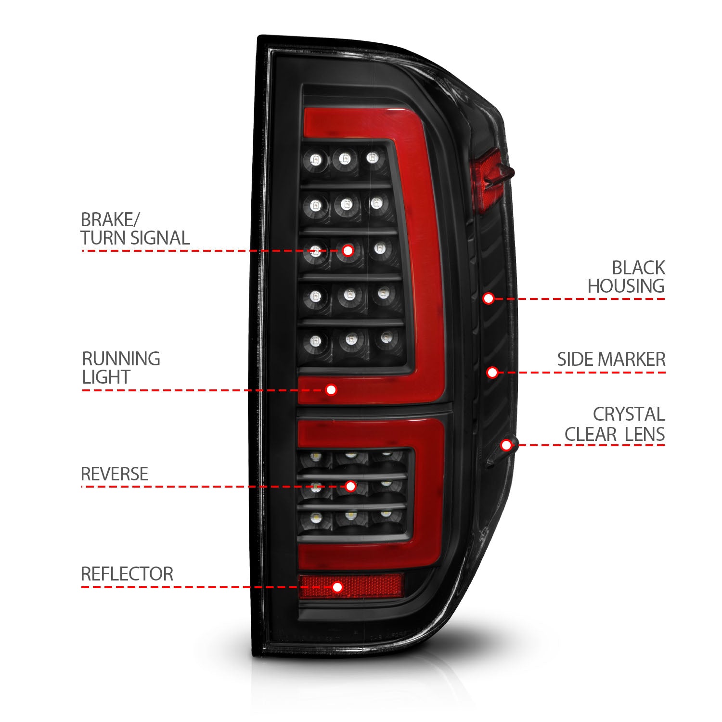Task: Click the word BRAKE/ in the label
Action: coord(110,220)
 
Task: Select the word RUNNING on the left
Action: coord(121,359)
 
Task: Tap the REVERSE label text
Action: coord(115,474)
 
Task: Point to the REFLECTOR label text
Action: coord(127,574)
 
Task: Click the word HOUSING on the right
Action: coord(626,286)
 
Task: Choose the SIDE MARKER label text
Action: coord(611,360)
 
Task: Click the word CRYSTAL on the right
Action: coord(629,414)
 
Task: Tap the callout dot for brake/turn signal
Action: coord(348,250)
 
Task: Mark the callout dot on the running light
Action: coord(331,389)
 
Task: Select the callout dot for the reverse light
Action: coord(351,486)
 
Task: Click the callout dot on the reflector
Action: coord(337,587)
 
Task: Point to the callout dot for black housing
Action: coord(489,298)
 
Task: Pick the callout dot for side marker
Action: coord(492,372)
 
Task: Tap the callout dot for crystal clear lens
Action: coord(506,445)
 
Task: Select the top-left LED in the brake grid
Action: coord(315,159)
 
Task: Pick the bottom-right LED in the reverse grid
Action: coord(386,516)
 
